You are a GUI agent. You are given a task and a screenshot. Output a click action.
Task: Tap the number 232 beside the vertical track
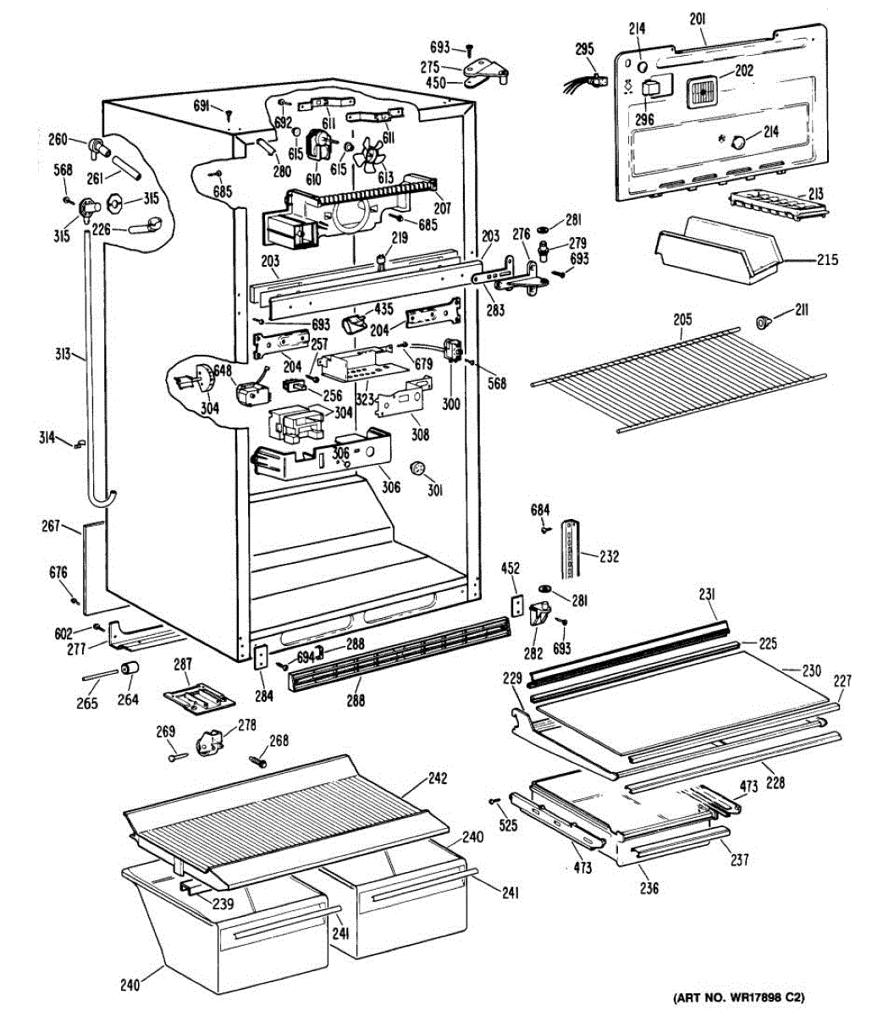(609, 556)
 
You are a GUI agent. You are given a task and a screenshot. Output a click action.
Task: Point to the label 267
(50, 527)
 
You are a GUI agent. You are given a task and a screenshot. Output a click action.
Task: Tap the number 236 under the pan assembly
(649, 888)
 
